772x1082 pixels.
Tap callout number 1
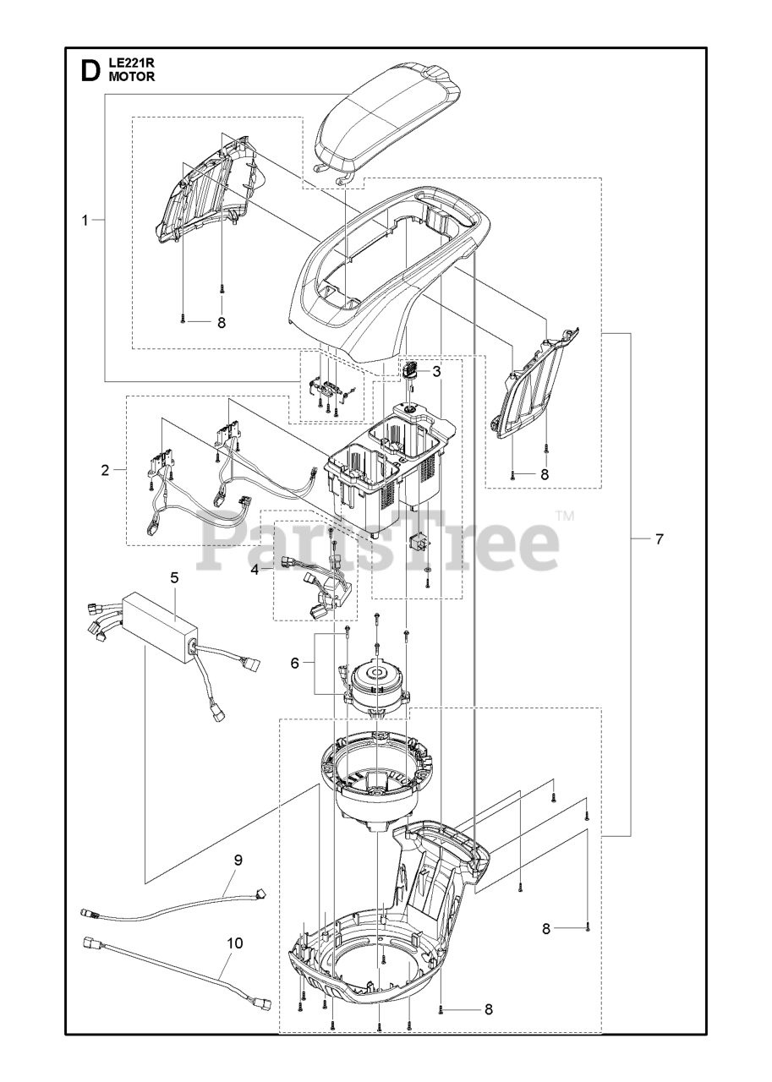85,221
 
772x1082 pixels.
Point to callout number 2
106,470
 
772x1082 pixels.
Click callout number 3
436,371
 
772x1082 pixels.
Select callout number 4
254,570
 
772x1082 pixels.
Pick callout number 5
174,578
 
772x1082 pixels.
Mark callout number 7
659,538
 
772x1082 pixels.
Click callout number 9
238,860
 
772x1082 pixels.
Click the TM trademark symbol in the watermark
565,516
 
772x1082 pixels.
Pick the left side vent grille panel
207,190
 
